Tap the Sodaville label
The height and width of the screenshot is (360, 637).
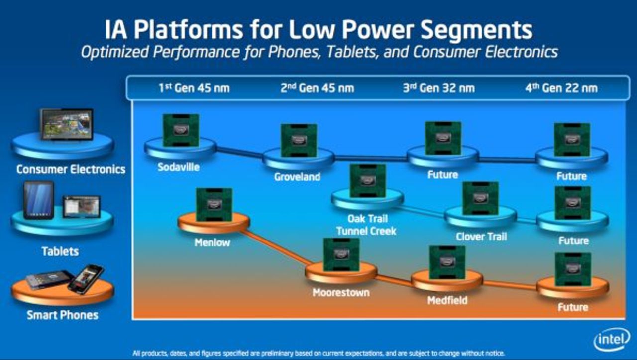pyautogui.click(x=178, y=167)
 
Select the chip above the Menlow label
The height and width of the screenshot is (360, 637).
pyautogui.click(x=214, y=204)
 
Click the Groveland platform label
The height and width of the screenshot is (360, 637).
pyautogui.click(x=297, y=177)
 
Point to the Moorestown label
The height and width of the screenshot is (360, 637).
pyautogui.click(x=341, y=292)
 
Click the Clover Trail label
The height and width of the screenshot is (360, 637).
pyautogui.click(x=481, y=237)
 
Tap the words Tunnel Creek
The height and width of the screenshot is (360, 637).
pyautogui.click(x=366, y=231)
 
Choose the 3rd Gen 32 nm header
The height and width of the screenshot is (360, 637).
pyautogui.click(x=438, y=88)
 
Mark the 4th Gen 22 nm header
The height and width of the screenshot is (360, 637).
pyautogui.click(x=561, y=88)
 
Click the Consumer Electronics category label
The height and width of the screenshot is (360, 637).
pyautogui.click(x=71, y=169)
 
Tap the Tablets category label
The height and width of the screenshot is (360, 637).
pyautogui.click(x=60, y=251)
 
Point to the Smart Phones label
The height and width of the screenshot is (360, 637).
pyautogui.click(x=62, y=315)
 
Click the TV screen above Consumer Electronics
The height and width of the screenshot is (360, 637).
pyautogui.click(x=66, y=124)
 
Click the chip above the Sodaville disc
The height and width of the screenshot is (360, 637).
pyautogui.click(x=181, y=130)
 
